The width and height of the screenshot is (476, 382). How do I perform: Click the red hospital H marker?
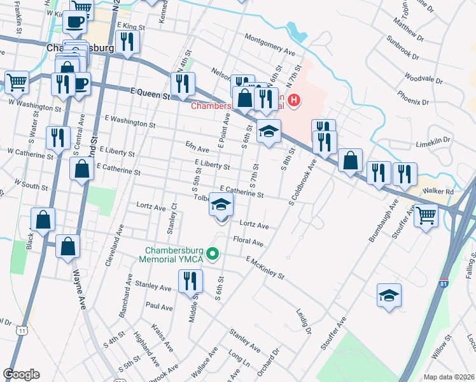(x=293, y=100)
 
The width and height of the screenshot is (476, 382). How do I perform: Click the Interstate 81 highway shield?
(x=442, y=287)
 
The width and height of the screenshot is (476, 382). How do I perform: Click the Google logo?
(x=21, y=374)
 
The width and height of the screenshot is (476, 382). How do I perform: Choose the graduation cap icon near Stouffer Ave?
(x=389, y=295)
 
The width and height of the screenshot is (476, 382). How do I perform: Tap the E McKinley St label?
(x=264, y=267)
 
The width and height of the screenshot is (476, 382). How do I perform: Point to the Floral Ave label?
(x=248, y=243)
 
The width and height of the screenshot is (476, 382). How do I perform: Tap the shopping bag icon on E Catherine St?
(x=81, y=170)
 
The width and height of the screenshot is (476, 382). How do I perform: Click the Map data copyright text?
(x=448, y=377)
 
